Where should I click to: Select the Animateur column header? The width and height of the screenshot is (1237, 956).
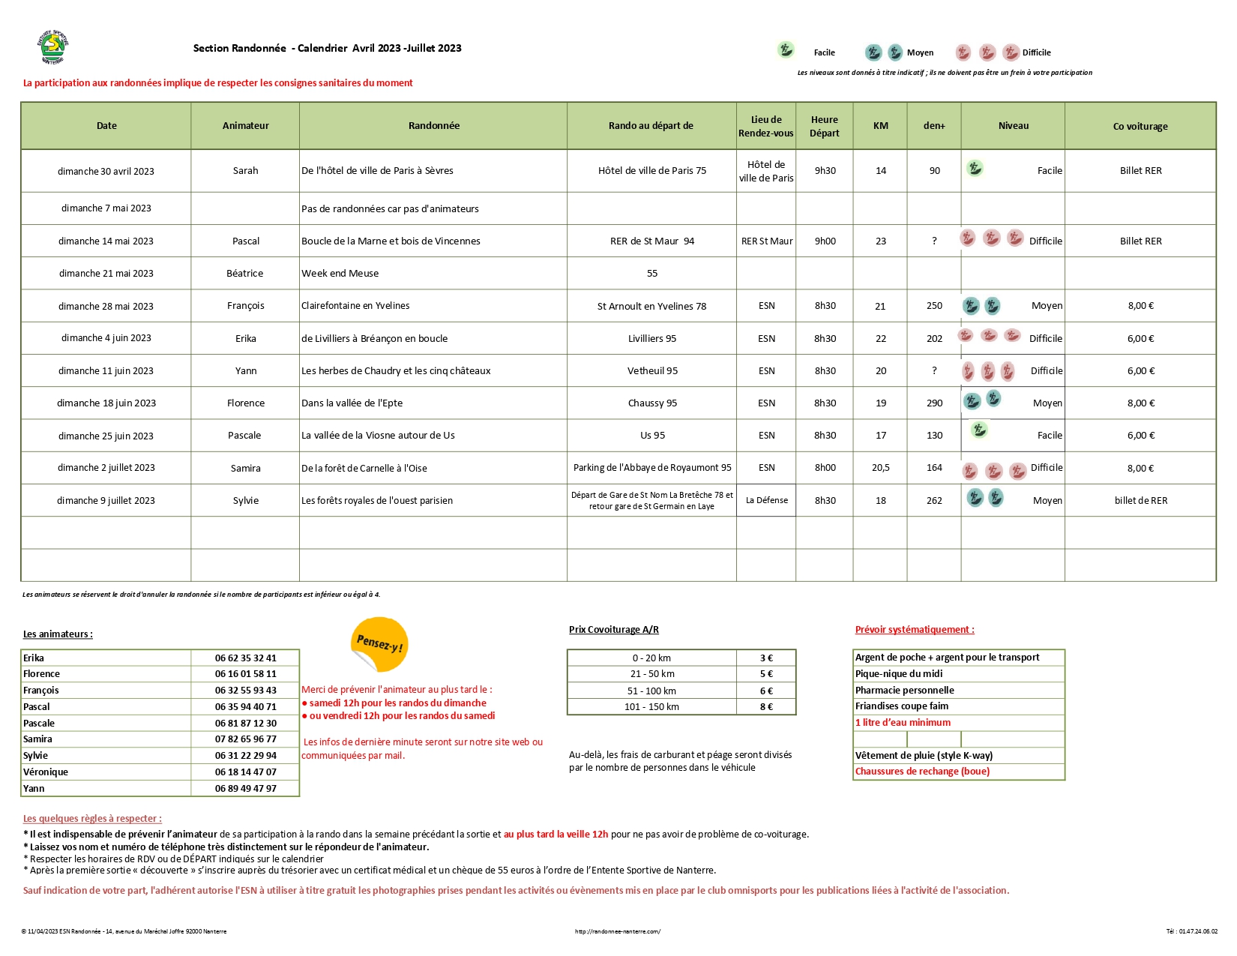(x=245, y=126)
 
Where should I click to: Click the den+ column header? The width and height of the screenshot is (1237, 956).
(x=934, y=126)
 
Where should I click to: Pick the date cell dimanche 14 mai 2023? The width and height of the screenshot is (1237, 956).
(x=106, y=241)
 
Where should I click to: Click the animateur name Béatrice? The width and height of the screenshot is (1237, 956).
(x=245, y=274)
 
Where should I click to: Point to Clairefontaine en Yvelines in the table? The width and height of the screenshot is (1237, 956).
(x=355, y=306)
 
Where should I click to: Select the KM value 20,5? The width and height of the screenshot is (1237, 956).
(x=881, y=468)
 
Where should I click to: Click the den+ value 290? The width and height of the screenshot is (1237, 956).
(x=934, y=403)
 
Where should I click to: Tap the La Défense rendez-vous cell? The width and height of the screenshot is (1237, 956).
(x=766, y=501)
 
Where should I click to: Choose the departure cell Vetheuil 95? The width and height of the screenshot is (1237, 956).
(x=652, y=371)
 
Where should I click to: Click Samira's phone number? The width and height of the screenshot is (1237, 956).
(x=245, y=739)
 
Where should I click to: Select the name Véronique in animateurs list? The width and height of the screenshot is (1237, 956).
(x=46, y=772)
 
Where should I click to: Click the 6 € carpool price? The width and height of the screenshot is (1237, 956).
(x=766, y=691)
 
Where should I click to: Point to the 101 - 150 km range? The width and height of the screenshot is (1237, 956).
(x=652, y=707)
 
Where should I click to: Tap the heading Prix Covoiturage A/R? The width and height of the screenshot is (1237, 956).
(x=613, y=630)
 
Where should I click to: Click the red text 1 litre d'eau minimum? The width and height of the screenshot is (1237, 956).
(x=903, y=723)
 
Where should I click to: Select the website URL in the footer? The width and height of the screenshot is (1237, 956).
(x=618, y=932)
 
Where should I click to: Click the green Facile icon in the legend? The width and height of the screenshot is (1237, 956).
(x=786, y=50)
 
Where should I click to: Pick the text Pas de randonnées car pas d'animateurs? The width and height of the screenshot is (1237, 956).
(x=390, y=209)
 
